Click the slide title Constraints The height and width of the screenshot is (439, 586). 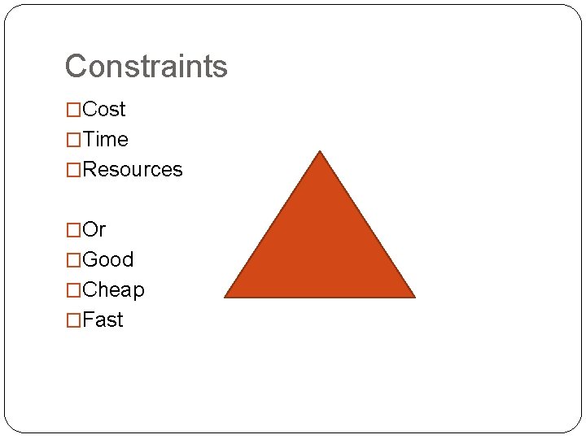146,66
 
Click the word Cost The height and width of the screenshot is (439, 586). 104,109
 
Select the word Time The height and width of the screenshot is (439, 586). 106,139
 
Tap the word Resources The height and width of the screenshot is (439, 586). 133,169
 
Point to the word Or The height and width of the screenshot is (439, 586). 94,229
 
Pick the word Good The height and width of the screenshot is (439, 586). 108,259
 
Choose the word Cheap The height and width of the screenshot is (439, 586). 114,289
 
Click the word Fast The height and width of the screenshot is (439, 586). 103,319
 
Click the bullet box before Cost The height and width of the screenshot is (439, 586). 73,110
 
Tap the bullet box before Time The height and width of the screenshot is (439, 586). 73,140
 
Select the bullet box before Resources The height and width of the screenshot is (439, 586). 73,170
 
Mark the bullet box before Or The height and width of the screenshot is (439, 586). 73,230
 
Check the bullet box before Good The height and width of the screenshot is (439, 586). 73,260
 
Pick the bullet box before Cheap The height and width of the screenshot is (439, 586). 73,290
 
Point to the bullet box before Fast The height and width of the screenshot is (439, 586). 73,320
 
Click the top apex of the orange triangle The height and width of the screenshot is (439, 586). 320,152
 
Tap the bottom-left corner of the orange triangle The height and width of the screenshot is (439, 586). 226,296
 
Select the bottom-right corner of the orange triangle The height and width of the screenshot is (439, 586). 413,296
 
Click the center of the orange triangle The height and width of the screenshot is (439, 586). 320,248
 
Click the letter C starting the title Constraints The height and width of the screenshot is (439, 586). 75,66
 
